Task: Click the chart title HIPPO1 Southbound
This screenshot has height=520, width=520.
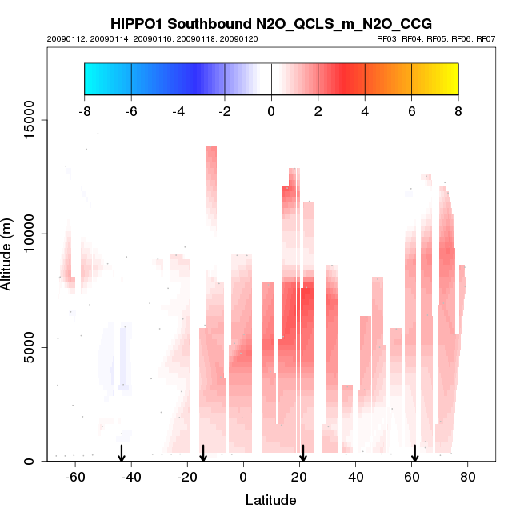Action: (271, 23)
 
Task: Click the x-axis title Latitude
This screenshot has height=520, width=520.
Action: (270, 500)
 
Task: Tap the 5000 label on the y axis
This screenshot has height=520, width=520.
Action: (30, 347)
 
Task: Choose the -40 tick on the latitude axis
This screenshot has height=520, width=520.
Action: (130, 477)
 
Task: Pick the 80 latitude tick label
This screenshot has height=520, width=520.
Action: (468, 477)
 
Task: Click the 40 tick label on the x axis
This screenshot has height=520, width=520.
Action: (355, 477)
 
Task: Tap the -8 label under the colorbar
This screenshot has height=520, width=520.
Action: (84, 111)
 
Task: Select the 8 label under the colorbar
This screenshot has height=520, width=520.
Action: (458, 111)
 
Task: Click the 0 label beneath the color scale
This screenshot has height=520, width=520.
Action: (271, 111)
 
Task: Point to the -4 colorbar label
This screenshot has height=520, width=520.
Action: (178, 111)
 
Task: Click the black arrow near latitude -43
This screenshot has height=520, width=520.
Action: (122, 454)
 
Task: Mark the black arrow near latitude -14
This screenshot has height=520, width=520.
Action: (203, 454)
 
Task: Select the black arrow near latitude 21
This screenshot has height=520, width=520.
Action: (302, 454)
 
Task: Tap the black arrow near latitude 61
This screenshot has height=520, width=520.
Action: (414, 454)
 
